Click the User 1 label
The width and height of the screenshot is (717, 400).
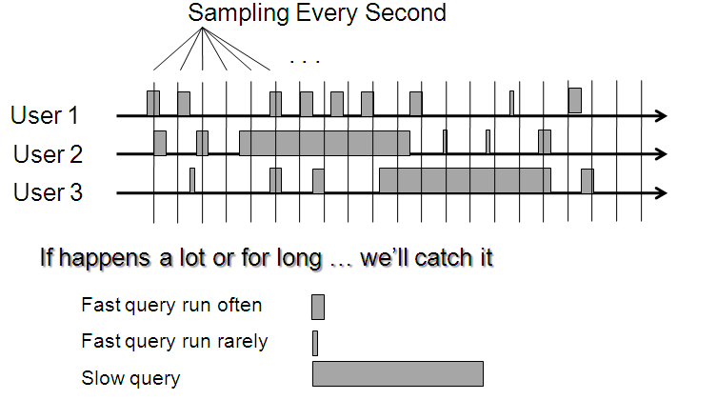pos(45,115)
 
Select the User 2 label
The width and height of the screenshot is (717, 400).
pos(48,154)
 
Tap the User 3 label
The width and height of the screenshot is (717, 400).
pos(48,192)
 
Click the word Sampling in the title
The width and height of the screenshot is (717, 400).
pos(238,13)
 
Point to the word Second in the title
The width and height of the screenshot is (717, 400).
pos(406,12)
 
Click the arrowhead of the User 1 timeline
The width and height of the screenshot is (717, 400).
pos(661,115)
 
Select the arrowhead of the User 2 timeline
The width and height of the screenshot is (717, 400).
pos(661,154)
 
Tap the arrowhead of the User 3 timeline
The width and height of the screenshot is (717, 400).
pos(661,193)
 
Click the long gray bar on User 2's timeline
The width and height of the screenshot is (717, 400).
pos(325,143)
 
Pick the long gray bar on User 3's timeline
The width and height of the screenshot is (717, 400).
pos(465,181)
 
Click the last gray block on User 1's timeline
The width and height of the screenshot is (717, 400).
pos(575,101)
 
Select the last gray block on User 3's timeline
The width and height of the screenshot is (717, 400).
pos(588,181)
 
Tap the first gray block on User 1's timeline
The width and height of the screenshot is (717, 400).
pos(153,103)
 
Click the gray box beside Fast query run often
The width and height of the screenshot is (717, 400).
pos(318,308)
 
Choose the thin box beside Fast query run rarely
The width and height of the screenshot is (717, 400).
pos(315,343)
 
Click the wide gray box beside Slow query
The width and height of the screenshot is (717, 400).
pos(398,374)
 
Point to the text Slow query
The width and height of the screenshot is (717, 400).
pos(130,378)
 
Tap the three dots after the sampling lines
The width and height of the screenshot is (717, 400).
pos(305,61)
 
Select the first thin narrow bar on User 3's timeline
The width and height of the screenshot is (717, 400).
pos(192,181)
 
